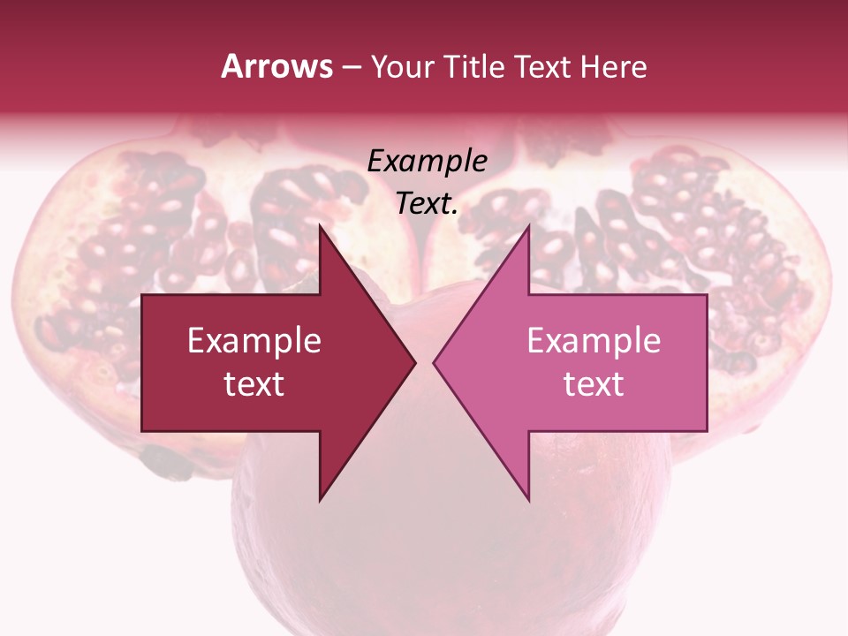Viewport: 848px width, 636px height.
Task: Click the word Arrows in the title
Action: (x=277, y=66)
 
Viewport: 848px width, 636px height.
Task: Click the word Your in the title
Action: (x=401, y=67)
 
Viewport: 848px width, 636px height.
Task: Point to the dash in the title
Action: (x=351, y=67)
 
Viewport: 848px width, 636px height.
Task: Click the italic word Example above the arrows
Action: (x=428, y=162)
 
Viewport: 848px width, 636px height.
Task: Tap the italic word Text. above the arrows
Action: (x=428, y=204)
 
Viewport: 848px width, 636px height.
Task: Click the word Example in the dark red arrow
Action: (x=254, y=341)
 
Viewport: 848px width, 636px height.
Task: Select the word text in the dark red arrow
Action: (x=254, y=384)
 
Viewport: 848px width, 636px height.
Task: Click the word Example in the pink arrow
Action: (x=594, y=341)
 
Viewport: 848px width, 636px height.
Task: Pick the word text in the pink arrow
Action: (x=594, y=384)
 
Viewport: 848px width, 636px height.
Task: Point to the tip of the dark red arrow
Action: (x=414, y=362)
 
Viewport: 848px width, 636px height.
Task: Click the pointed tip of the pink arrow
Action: (x=434, y=362)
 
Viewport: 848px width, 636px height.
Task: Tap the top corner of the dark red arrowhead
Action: (x=320, y=225)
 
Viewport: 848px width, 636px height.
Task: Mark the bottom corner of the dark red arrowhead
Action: (x=320, y=500)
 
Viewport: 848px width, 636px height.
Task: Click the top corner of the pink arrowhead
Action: (x=528, y=225)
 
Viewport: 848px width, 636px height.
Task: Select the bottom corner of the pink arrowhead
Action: (x=528, y=500)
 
